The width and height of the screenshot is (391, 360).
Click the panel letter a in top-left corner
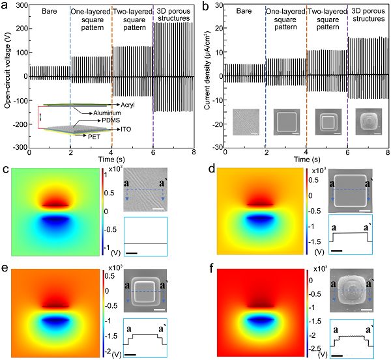coord(5,6)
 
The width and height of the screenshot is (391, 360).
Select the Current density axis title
coord(207,77)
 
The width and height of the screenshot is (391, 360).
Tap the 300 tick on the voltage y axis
coord(20,6)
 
